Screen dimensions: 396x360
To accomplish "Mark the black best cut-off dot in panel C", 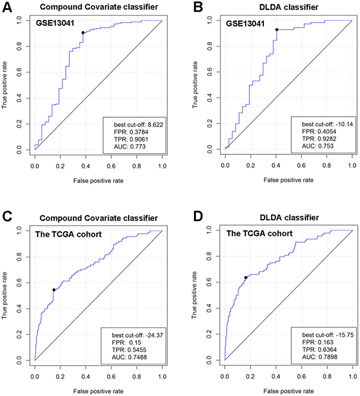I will click(53, 290).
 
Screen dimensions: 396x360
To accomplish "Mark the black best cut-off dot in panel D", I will click(245, 278).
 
